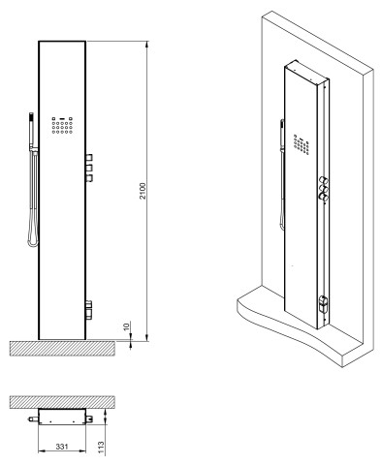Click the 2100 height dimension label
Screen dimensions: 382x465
point(143,191)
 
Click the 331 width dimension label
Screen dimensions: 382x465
point(62,447)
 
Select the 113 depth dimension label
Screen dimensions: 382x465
point(102,448)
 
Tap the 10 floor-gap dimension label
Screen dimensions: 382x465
point(126,325)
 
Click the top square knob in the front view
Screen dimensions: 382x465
point(89,158)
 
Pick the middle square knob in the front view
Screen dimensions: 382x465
point(89,169)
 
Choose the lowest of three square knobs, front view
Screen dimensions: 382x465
point(89,178)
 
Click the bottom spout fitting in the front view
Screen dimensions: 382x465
point(89,310)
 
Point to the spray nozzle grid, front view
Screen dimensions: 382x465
point(62,125)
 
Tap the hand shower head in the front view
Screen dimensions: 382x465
point(31,129)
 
